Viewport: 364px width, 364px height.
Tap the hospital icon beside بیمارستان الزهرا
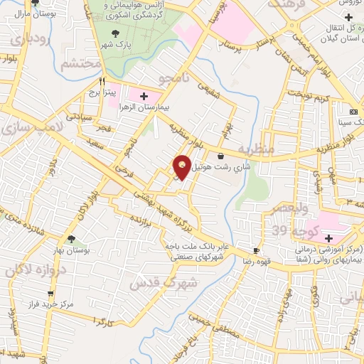(x=144, y=95)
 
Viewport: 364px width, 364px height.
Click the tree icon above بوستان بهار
(x=71, y=239)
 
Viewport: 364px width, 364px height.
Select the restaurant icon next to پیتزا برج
(x=102, y=81)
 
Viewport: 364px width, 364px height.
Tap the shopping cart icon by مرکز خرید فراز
(x=50, y=293)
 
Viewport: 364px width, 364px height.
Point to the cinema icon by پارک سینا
(x=353, y=113)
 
